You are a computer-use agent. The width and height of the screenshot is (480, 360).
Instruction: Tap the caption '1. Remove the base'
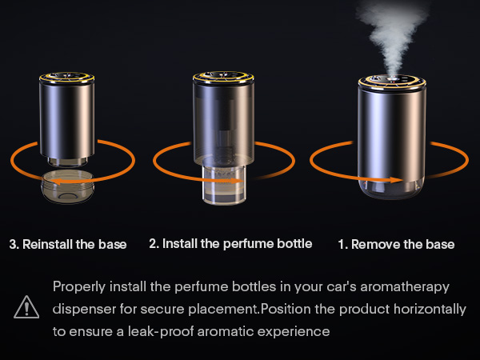click(x=396, y=244)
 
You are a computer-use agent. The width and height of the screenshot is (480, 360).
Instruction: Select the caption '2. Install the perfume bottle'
click(x=230, y=243)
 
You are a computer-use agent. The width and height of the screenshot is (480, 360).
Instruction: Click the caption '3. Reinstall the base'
click(x=68, y=244)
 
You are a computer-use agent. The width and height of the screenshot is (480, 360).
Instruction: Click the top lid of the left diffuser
click(x=67, y=79)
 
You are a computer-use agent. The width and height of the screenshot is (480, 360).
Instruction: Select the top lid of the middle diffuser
click(x=223, y=79)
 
